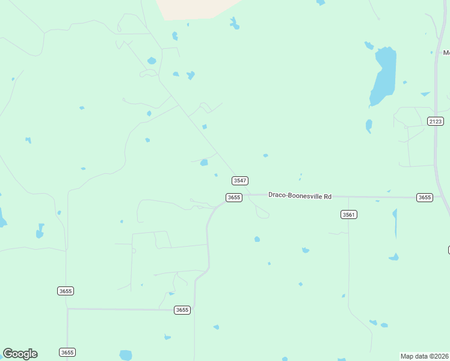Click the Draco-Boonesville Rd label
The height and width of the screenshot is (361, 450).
[300, 196]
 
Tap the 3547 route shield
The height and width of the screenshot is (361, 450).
[240, 180]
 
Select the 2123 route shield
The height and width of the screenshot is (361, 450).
[436, 121]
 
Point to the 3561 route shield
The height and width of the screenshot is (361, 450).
[349, 215]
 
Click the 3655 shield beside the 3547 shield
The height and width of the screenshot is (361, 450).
[234, 197]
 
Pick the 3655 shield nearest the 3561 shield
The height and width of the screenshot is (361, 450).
[425, 197]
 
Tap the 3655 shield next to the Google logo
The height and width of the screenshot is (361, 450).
[67, 352]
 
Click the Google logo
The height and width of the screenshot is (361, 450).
[20, 354]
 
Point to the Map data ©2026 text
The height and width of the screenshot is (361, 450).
[424, 356]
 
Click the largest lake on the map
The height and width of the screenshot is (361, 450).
[383, 75]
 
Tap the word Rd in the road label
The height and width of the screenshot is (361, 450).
[327, 196]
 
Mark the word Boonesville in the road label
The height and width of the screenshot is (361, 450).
[306, 196]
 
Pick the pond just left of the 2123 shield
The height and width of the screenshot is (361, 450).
[369, 126]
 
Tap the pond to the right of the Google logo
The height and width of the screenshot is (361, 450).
[125, 355]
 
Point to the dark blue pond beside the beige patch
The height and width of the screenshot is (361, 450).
[234, 23]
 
